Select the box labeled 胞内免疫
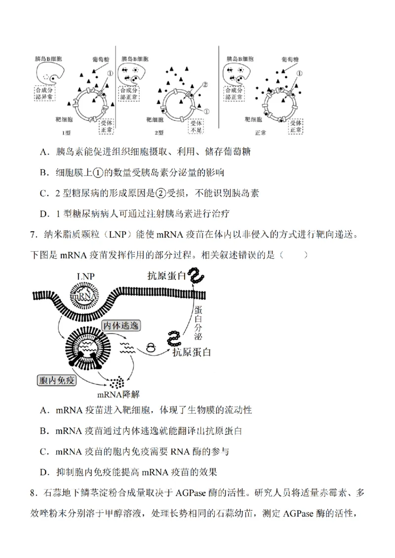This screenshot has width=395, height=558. point(57,380)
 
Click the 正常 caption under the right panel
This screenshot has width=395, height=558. point(260,133)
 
